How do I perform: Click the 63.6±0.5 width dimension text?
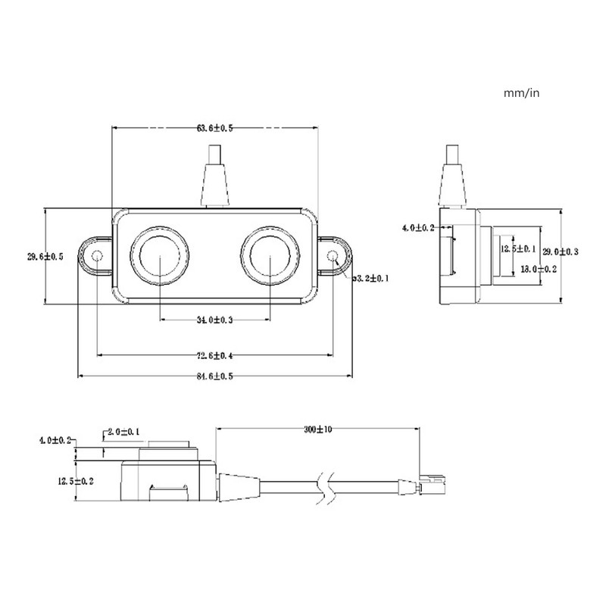[215, 129]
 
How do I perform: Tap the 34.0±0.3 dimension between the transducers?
[215, 320]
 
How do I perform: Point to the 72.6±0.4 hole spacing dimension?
[215, 355]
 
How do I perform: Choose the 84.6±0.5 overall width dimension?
[215, 376]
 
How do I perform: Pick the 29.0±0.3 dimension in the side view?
[561, 251]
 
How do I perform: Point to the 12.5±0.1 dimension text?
[518, 248]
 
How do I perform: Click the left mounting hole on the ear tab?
[97, 258]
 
